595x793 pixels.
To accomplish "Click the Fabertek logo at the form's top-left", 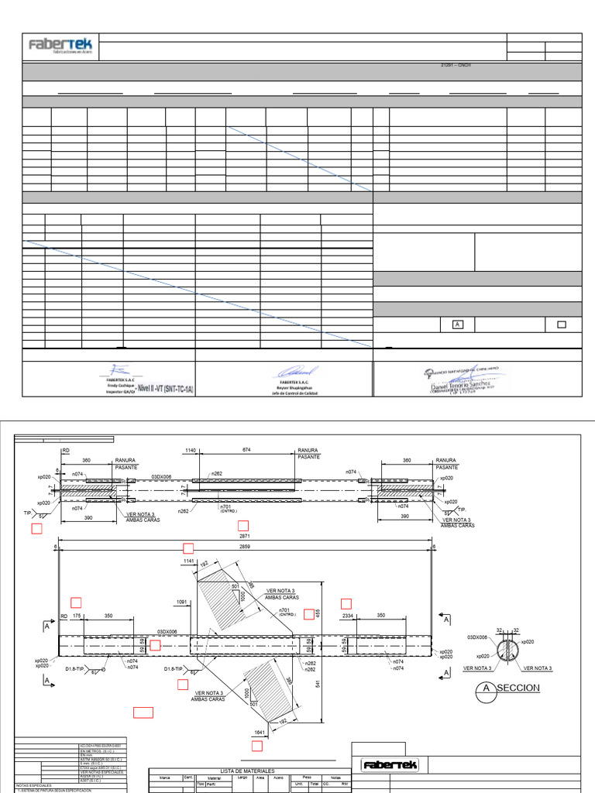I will (x=59, y=46).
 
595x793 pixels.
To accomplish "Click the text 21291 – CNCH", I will (x=455, y=65).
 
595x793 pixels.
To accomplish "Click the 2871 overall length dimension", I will (x=244, y=536).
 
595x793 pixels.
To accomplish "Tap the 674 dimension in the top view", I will (x=246, y=450).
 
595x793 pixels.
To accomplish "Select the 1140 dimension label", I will (x=191, y=450).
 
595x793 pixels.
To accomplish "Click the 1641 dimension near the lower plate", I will (x=261, y=732).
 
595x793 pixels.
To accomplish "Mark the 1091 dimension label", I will (x=182, y=601).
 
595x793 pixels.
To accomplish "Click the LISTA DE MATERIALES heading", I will (x=248, y=771).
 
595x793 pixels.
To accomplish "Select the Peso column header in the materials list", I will (x=307, y=778).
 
